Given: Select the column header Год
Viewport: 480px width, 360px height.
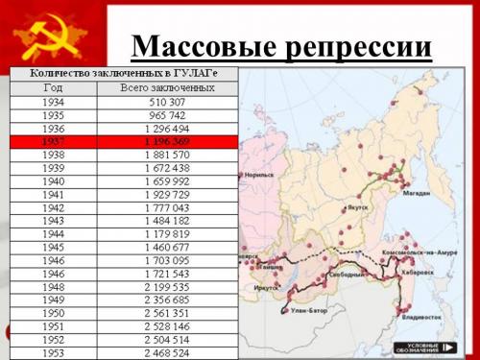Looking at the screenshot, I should (x=53, y=87).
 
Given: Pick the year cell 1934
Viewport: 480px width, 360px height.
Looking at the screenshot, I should (x=53, y=101).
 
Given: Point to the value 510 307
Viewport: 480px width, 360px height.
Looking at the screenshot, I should (x=167, y=101).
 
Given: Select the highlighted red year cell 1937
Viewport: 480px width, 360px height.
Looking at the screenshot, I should (x=53, y=140).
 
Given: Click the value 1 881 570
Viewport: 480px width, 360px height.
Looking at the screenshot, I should (x=167, y=154).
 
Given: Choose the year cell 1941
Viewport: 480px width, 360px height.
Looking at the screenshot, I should (x=53, y=193).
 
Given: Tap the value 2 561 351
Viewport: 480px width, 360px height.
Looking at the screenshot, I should (x=167, y=312).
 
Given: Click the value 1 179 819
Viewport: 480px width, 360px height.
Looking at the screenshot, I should (x=167, y=233).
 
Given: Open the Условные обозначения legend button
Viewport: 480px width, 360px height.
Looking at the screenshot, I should (x=423, y=347).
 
